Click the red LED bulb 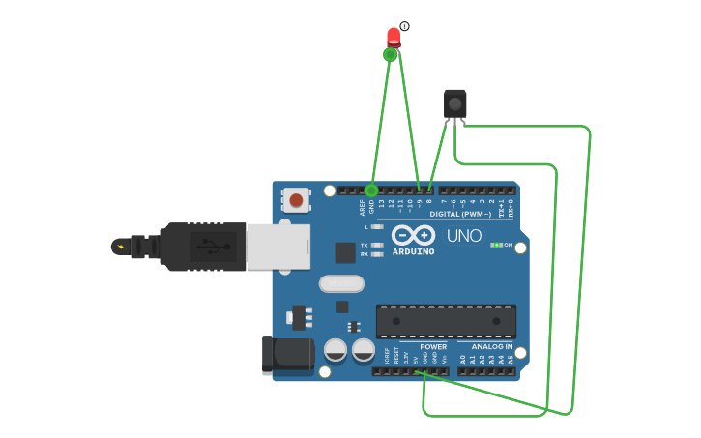[394, 36]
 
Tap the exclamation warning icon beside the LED [404, 26]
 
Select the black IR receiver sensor [454, 103]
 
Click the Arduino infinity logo [413, 235]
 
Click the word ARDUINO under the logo [413, 251]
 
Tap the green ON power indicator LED [495, 245]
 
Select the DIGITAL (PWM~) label [457, 214]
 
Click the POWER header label [433, 346]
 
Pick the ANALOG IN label [492, 346]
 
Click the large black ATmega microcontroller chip [446, 321]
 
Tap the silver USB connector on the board [278, 247]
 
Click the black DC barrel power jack [287, 354]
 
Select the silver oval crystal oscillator [341, 283]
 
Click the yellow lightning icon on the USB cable [121, 247]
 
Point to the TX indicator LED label [365, 245]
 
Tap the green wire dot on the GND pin [371, 190]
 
